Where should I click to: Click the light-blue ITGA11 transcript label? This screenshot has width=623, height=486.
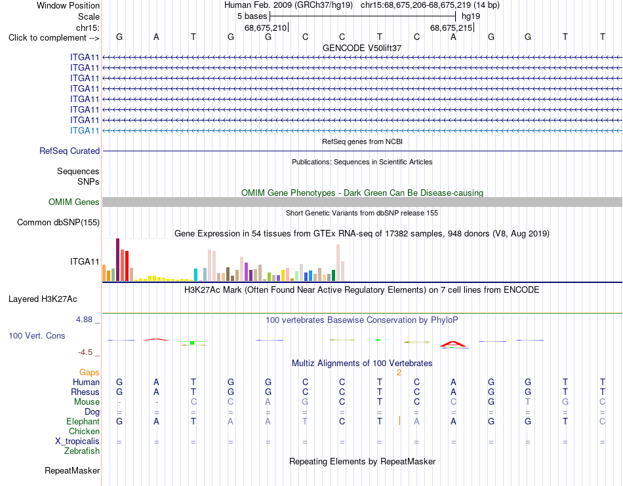coord(85,130)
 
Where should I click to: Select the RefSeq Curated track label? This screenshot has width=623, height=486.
coord(70,151)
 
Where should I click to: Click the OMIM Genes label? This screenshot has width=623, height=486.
coord(74,202)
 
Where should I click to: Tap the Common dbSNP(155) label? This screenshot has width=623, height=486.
coord(58,222)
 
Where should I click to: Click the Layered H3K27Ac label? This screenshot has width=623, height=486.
coord(43,299)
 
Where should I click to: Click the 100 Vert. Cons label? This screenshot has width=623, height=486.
coord(37,335)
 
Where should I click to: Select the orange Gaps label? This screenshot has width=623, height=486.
coord(89,372)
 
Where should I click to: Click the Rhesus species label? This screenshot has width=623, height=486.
coord(85,392)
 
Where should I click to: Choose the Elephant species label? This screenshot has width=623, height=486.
coord(83,421)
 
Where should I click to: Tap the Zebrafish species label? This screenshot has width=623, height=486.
coord(82,451)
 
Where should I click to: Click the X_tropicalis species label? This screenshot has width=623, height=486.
coord(77,441)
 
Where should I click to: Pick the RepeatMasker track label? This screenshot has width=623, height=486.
coord(72,470)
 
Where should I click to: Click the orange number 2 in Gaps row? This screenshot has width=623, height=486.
coord(399,373)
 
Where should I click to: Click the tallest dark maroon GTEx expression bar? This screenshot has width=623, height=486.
coord(117,260)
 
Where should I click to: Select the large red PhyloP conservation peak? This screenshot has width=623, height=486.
coord(453,344)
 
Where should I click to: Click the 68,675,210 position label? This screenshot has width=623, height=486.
coord(266,28)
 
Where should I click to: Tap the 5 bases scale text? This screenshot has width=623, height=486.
coord(252,16)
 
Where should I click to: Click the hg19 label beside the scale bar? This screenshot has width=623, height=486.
coord(471,16)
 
